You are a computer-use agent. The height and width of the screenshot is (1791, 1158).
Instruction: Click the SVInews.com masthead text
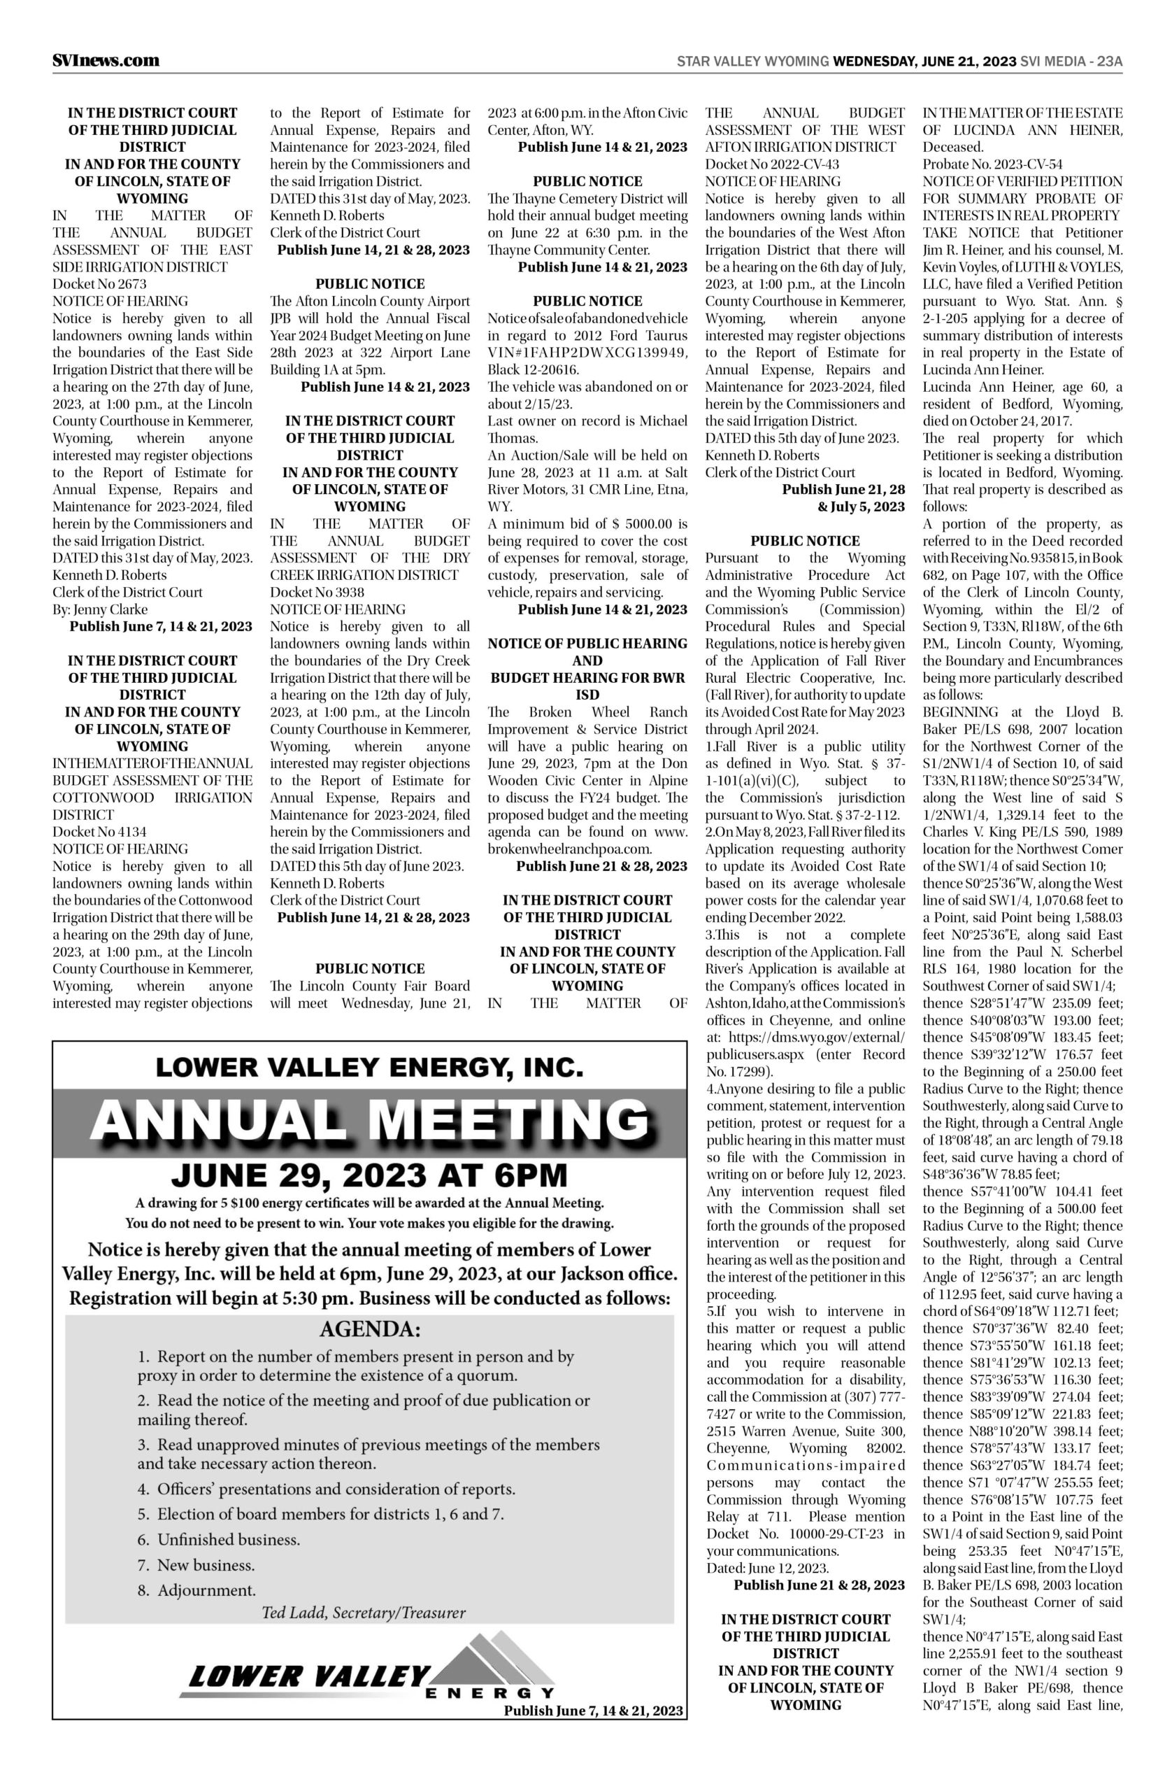pos(106,61)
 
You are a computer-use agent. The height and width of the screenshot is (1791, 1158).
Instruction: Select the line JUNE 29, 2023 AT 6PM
pos(369,1176)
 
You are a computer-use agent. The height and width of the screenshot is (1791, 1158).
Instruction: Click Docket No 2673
pos(99,284)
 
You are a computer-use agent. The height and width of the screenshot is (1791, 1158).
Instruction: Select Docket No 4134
pos(99,832)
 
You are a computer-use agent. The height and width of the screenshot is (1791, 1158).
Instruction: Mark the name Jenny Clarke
pos(100,609)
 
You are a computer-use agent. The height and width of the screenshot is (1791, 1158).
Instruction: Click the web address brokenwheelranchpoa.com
pos(569,849)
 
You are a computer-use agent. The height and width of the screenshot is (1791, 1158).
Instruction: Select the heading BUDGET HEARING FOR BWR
pos(587,678)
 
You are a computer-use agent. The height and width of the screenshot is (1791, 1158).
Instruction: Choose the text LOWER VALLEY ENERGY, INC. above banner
pos(369,1067)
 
